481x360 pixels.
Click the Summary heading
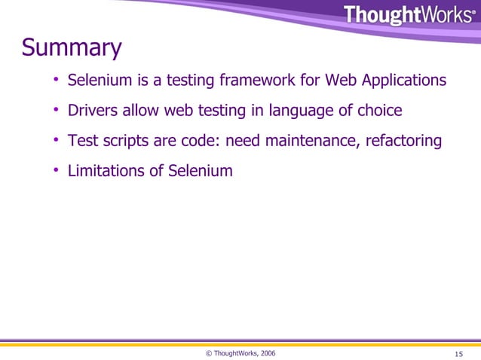coord(72,49)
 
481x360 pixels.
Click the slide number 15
coord(459,353)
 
